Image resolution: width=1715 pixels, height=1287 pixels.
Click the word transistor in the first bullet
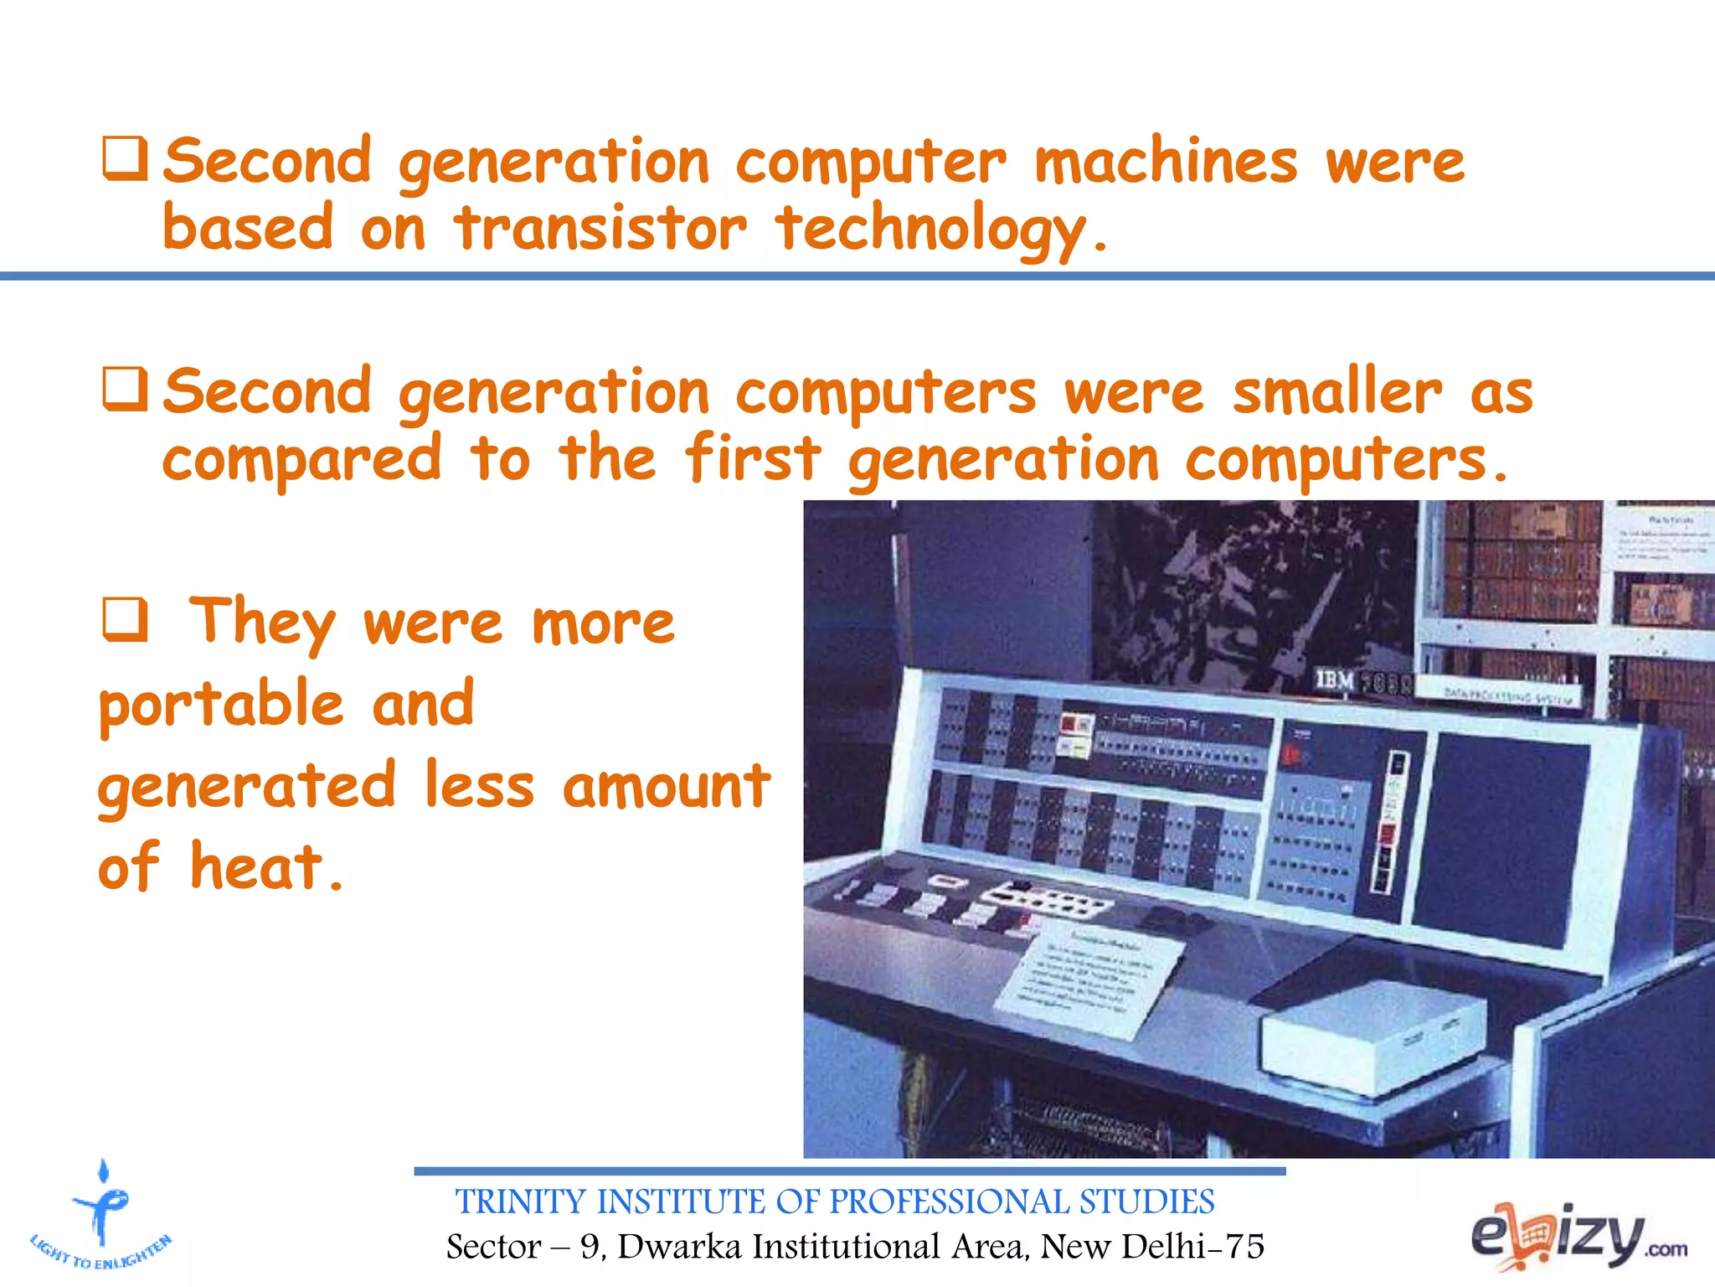pyautogui.click(x=600, y=229)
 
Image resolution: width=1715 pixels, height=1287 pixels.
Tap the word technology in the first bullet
pyautogui.click(x=930, y=230)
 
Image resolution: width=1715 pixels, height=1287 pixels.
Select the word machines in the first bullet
pyautogui.click(x=1165, y=162)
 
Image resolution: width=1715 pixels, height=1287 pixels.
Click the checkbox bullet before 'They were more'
pyautogui.click(x=126, y=620)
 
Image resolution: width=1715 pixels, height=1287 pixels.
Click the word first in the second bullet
pyautogui.click(x=752, y=459)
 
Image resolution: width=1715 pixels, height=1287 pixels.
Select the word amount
pyautogui.click(x=666, y=786)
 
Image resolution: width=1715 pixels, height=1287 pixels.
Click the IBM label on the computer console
pyautogui.click(x=1334, y=680)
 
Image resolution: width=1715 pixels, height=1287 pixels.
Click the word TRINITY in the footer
pyautogui.click(x=519, y=1202)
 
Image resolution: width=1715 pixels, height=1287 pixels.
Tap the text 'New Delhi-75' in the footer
pyautogui.click(x=1151, y=1247)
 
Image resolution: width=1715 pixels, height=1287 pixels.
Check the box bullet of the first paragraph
pyautogui.click(x=126, y=159)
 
